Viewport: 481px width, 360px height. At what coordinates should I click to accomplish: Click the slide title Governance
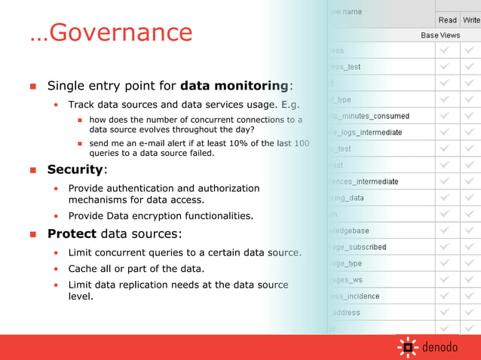[111, 32]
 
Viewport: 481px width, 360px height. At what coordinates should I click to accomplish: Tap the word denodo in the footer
[440, 347]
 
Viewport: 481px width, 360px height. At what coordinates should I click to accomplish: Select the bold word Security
[75, 169]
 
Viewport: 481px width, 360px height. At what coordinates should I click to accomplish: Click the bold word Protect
[72, 233]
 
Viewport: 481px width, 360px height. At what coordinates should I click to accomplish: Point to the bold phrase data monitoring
[234, 85]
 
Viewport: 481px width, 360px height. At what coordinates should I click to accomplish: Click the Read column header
[447, 20]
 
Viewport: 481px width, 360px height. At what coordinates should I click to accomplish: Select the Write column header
[472, 20]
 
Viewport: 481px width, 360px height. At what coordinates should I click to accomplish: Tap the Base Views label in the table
[440, 35]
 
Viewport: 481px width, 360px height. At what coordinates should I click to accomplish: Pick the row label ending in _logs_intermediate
[366, 133]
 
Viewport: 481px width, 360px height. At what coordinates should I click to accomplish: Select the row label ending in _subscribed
[358, 247]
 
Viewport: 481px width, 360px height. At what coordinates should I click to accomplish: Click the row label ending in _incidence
[355, 296]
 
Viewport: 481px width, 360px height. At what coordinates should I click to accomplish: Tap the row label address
[345, 313]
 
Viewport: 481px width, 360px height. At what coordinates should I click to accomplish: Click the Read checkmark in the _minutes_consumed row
[447, 116]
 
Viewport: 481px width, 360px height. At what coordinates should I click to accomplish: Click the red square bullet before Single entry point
[32, 86]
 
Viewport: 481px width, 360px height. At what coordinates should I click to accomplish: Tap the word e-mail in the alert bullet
[144, 143]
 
